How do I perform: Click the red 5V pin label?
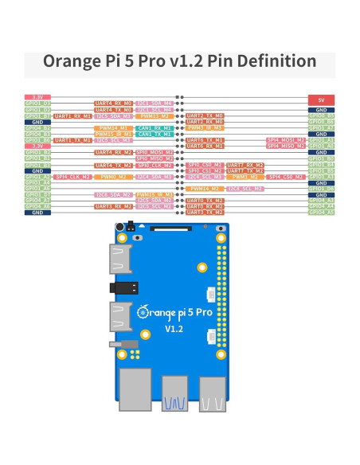321,99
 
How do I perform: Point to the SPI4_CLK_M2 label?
72,177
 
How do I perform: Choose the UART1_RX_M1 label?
72,115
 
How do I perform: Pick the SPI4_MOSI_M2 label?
284,140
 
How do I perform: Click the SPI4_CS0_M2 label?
284,177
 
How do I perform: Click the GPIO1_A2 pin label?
38,177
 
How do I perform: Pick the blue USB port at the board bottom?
174,394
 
